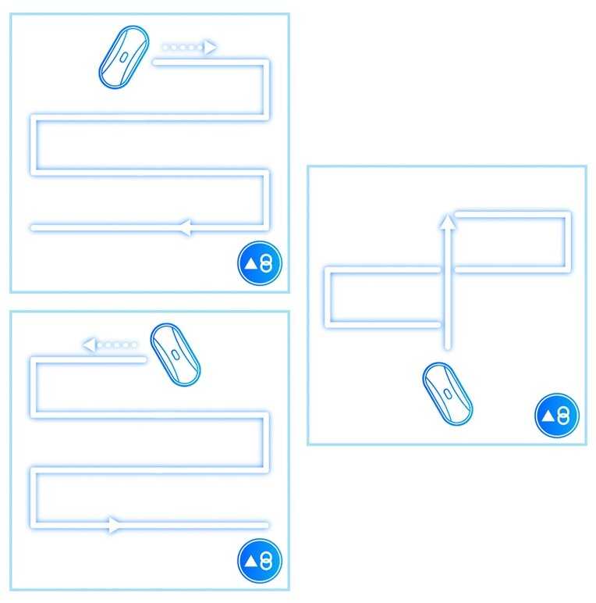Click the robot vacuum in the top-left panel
tap(123, 56)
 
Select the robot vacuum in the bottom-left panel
tap(175, 355)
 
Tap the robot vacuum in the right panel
tap(448, 394)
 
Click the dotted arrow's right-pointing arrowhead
tap(209, 48)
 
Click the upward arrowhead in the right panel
tap(447, 222)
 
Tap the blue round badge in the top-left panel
tap(260, 264)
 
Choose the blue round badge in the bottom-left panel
tap(260, 561)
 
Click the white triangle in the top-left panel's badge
tap(251, 264)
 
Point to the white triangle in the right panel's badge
tap(548, 416)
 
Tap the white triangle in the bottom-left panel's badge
tap(251, 561)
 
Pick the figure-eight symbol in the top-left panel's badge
tap(267, 264)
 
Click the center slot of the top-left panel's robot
tap(124, 56)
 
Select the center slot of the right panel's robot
tap(448, 394)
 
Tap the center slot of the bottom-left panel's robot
tap(176, 355)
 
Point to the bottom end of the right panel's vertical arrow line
tap(447, 348)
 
